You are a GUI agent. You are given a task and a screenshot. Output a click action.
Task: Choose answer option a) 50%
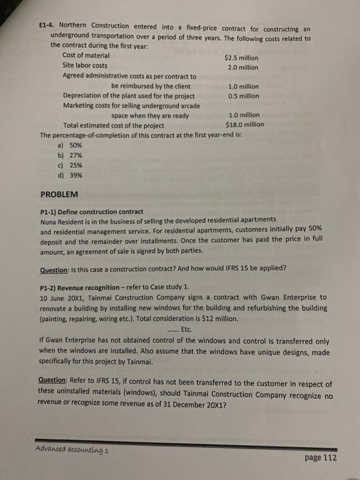[x=70, y=145]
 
